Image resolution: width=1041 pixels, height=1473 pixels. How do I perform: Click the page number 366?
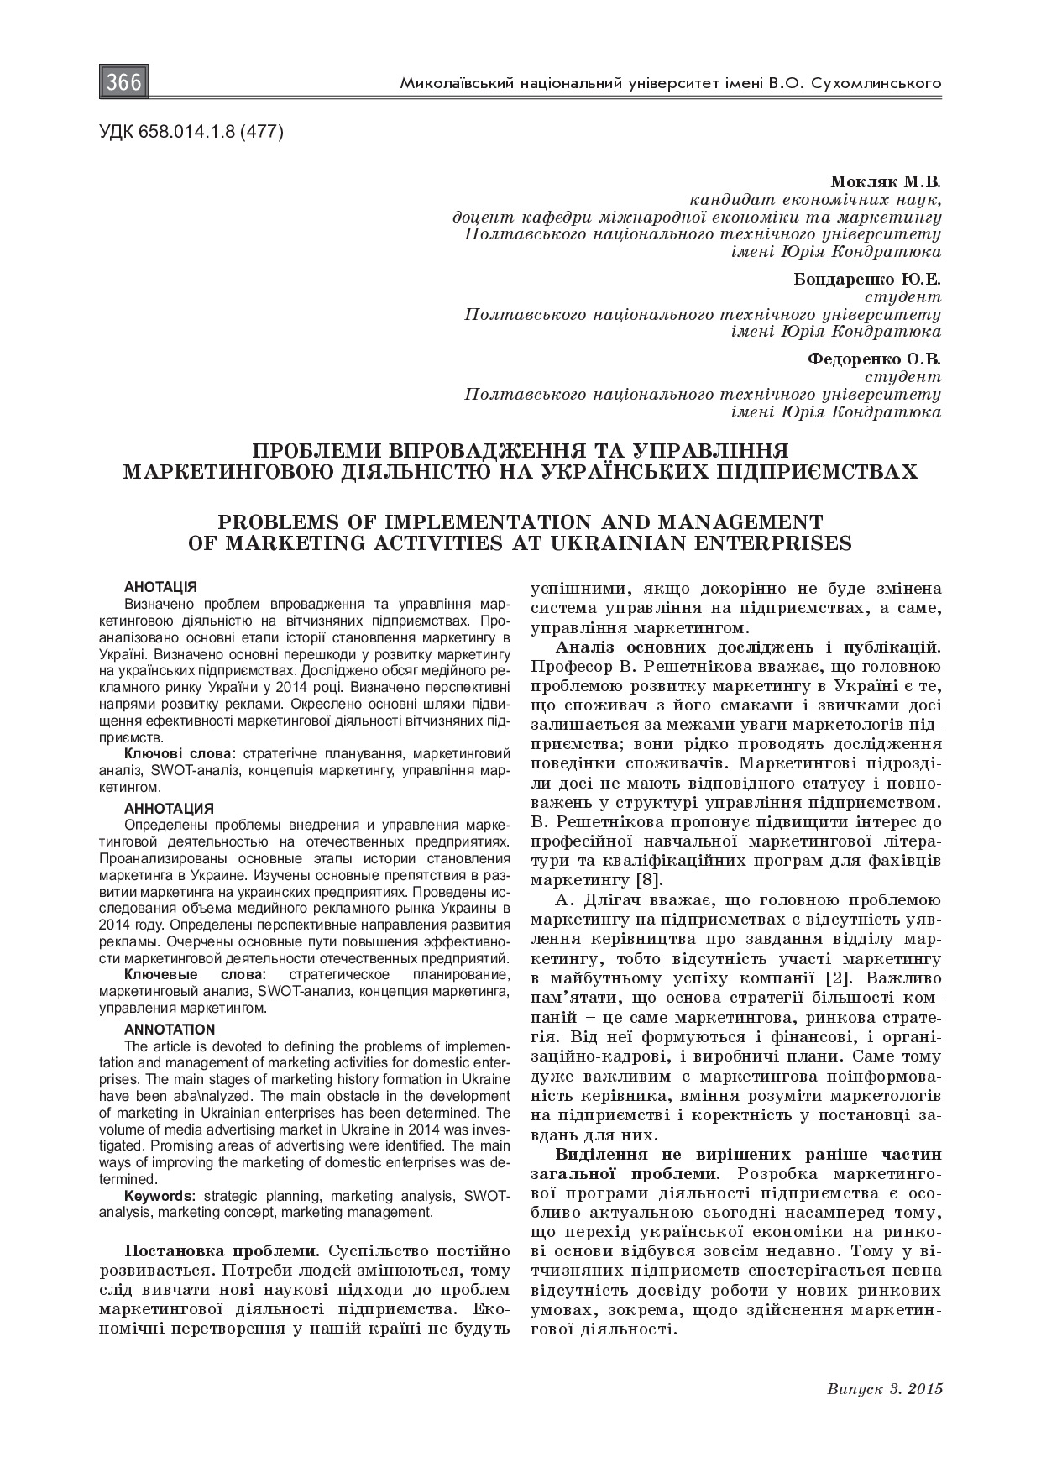point(125,83)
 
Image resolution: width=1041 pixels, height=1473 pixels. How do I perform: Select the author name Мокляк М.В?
point(885,182)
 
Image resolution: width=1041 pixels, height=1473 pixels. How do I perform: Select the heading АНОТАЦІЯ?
point(160,587)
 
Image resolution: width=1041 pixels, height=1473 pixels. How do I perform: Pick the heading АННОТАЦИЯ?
point(169,809)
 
